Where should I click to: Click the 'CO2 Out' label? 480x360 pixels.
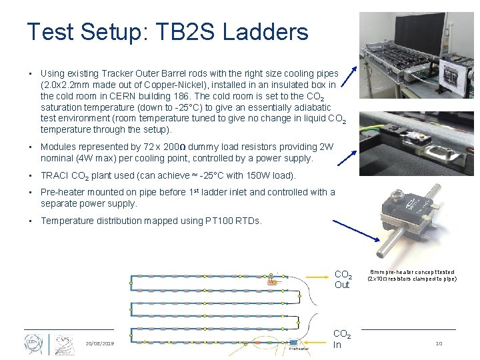(x=343, y=279)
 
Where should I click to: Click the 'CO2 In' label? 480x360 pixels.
(x=342, y=339)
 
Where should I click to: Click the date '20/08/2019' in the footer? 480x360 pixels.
(x=100, y=343)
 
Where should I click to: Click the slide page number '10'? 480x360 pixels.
(x=439, y=343)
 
